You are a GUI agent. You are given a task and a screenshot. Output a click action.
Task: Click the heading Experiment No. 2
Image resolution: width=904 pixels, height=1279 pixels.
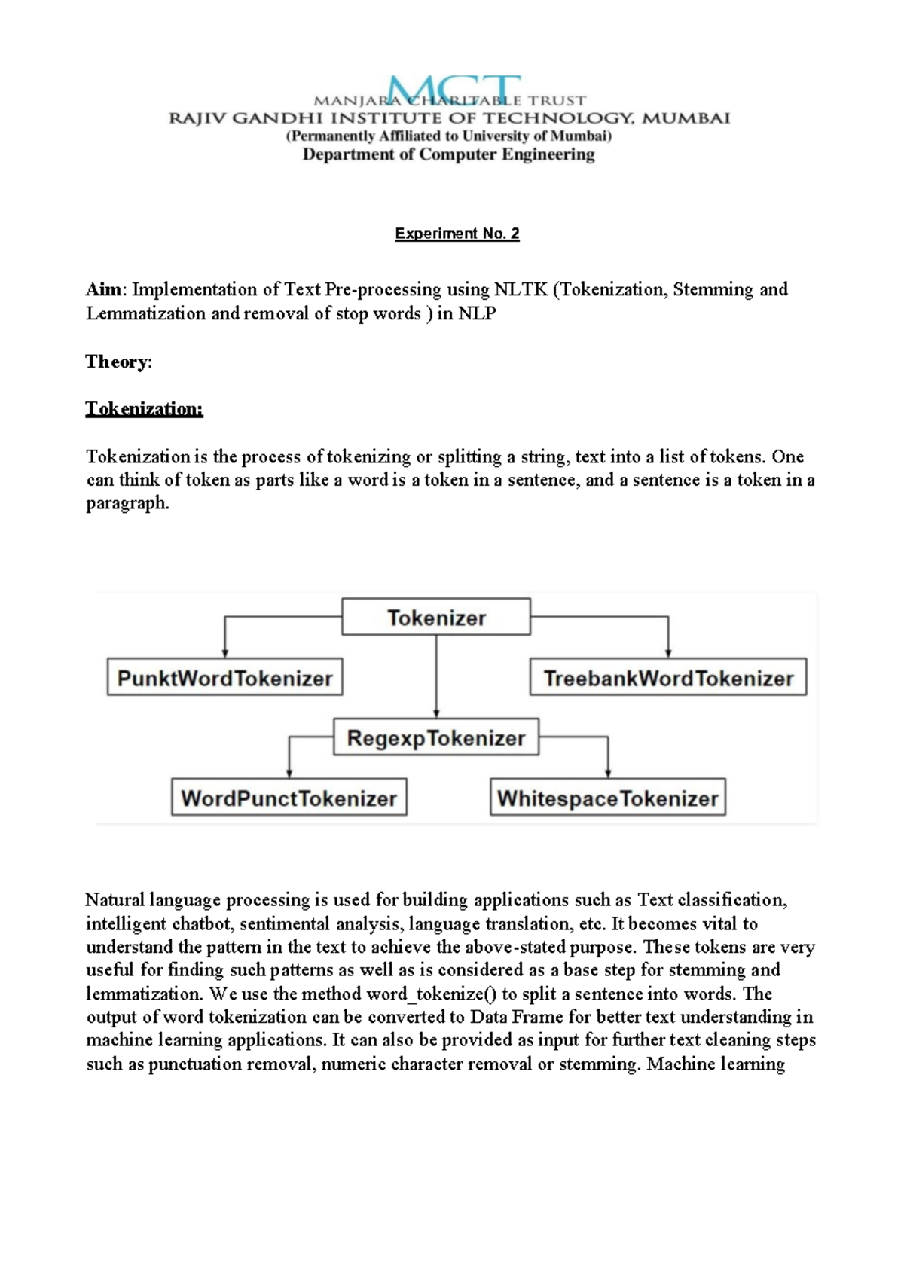coord(457,234)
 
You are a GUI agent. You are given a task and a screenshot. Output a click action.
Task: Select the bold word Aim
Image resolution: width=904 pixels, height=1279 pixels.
coord(104,290)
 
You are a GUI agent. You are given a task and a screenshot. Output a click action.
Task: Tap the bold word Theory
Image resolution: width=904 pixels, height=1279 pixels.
coord(117,362)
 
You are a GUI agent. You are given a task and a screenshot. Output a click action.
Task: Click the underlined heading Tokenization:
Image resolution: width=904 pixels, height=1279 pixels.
coord(144,409)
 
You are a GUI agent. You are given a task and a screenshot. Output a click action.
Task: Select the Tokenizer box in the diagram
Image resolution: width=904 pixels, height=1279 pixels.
coord(436,618)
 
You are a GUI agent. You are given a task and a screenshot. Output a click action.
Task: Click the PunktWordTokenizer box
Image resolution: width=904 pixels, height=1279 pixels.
coord(224,678)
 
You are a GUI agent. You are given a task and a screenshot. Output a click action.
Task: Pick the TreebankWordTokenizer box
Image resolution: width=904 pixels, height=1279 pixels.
coord(668,678)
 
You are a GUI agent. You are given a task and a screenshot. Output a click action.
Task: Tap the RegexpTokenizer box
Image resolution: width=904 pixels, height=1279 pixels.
coord(436,738)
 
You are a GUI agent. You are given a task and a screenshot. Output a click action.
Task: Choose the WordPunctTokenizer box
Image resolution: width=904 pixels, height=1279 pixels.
coord(289,798)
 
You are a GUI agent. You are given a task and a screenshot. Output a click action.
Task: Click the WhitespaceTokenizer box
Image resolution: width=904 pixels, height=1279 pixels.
coord(608,798)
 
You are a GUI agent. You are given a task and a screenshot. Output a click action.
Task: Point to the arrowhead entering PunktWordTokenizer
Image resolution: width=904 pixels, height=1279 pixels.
coord(224,653)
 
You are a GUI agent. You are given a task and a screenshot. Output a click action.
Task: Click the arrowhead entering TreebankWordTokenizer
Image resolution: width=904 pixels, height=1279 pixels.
coord(668,653)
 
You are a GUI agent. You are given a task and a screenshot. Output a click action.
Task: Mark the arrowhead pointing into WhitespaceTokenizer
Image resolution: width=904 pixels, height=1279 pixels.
coord(608,774)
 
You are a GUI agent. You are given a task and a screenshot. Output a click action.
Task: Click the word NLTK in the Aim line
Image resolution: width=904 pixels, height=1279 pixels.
coord(521,290)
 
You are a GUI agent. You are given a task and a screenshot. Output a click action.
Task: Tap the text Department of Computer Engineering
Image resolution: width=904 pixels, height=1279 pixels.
coord(448,154)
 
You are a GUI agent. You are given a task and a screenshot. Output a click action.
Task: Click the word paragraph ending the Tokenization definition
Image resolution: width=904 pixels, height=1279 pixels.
coord(127,504)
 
